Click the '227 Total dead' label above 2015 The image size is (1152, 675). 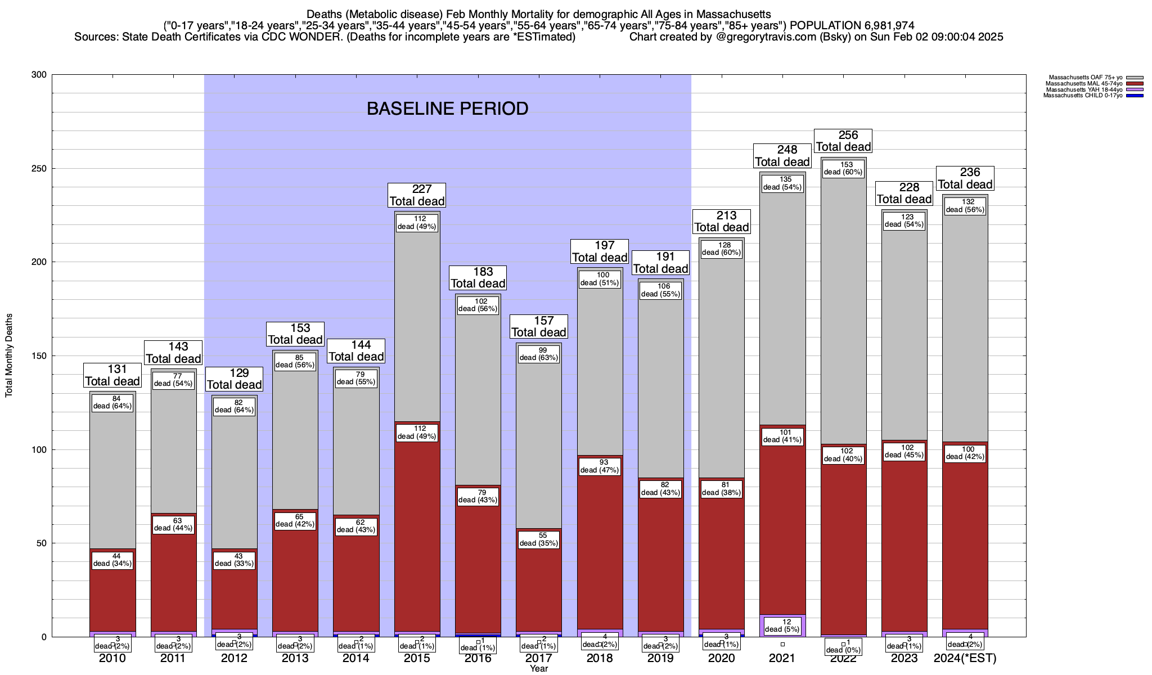(417, 195)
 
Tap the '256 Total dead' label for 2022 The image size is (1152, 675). (843, 141)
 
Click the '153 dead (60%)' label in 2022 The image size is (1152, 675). (843, 168)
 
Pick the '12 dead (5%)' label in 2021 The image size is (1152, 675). (782, 625)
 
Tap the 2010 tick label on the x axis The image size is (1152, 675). (112, 658)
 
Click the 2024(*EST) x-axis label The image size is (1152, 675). (965, 658)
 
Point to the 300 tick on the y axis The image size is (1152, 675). (39, 75)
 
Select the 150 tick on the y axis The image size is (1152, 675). (39, 356)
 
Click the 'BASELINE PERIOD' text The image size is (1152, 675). (447, 109)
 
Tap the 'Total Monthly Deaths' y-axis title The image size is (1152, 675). (9, 355)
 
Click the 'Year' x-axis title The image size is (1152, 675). (538, 668)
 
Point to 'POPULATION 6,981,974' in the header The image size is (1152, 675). (852, 25)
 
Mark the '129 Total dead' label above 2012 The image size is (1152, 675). (234, 379)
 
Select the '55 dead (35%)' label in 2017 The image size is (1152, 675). (538, 539)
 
